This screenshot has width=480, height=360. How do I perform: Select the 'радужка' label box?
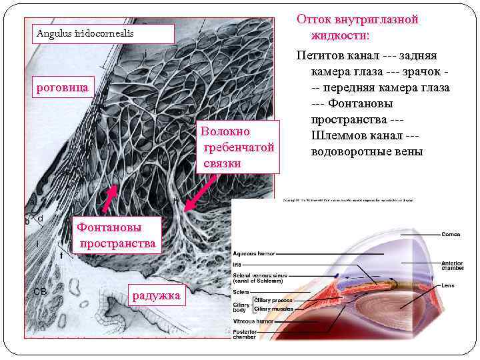click(157, 295)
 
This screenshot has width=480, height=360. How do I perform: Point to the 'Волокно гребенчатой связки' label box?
click(237, 147)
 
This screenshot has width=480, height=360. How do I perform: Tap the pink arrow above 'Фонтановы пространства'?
click(110, 197)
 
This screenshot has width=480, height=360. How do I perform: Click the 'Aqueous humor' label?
click(254, 253)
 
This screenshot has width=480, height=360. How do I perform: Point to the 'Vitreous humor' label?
click(253, 321)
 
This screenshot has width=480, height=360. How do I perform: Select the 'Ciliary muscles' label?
click(273, 309)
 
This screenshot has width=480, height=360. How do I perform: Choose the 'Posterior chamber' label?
click(245, 333)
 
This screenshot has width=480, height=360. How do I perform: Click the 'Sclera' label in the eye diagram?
click(241, 292)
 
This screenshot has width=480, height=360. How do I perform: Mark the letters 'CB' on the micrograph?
click(39, 291)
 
